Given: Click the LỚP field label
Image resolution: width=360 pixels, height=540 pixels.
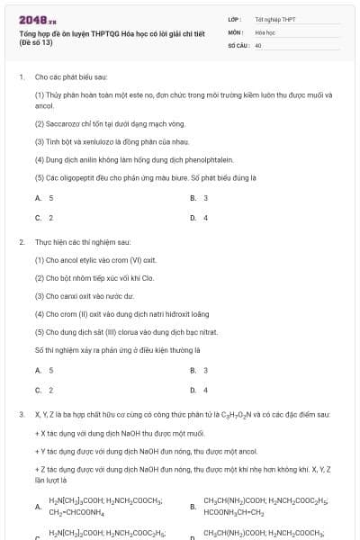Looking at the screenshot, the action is (234, 19).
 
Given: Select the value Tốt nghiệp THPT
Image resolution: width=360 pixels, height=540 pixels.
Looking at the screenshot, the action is (275, 19).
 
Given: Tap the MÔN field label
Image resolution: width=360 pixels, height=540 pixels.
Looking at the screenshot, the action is (235, 31).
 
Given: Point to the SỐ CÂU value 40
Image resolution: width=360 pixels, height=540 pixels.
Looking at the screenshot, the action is (258, 44).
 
